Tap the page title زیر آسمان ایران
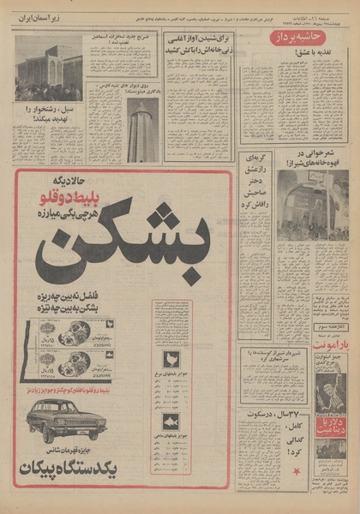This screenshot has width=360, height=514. pyautogui.click(x=46, y=18)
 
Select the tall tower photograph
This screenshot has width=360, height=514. pyautogui.click(x=141, y=128)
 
